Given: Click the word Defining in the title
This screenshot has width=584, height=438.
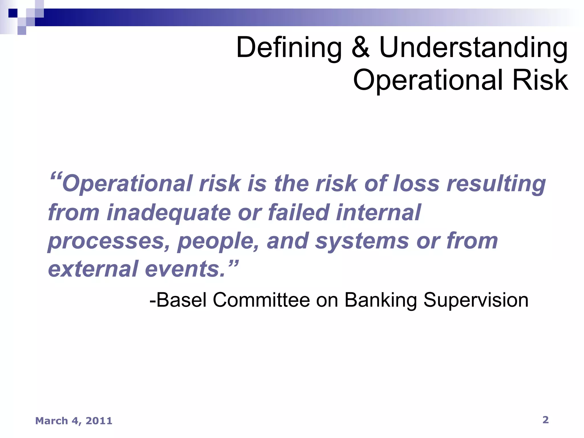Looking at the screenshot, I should (x=289, y=48).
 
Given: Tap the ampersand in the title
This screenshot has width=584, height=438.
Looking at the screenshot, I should (x=360, y=47).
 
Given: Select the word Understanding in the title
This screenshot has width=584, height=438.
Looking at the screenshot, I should (x=473, y=48).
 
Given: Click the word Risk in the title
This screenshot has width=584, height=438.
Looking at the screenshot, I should (x=540, y=80).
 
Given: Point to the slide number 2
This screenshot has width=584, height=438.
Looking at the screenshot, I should (x=545, y=420).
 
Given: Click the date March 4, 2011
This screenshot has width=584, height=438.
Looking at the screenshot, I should (x=74, y=421).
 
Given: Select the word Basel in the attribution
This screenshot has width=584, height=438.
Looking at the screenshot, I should (x=181, y=300).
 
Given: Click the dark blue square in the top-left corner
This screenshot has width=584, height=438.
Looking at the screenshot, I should (x=13, y=13).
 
